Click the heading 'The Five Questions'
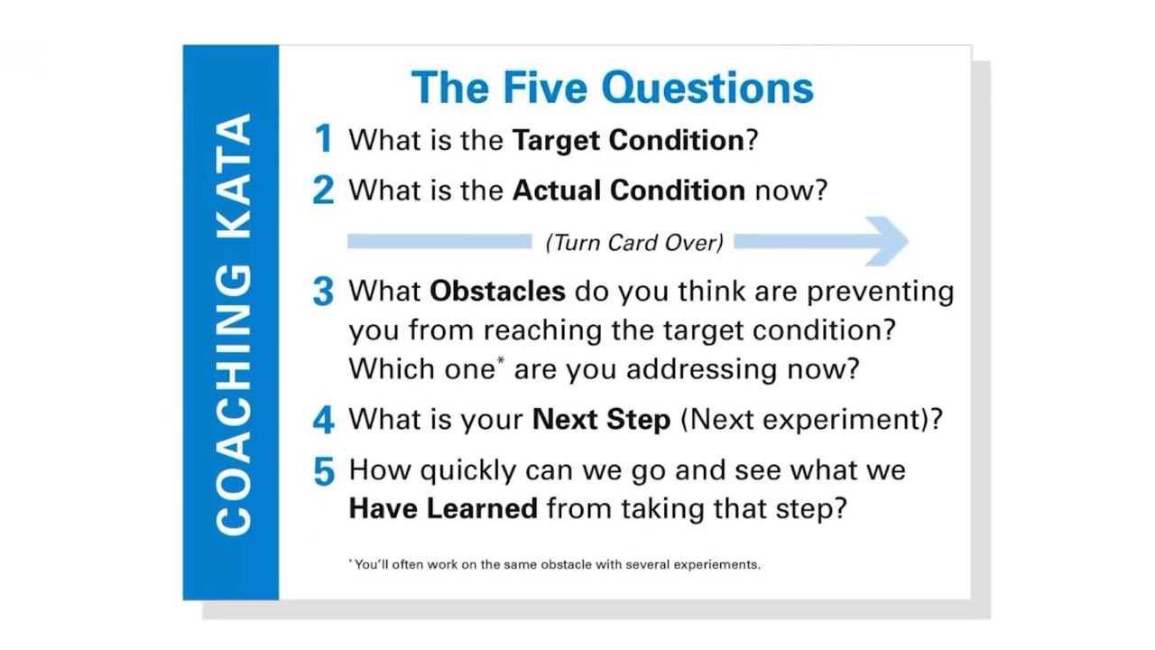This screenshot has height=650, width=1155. tap(612, 88)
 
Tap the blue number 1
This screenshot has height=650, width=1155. tap(323, 139)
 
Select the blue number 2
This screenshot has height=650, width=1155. tap(323, 190)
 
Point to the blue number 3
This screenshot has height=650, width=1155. tap(323, 292)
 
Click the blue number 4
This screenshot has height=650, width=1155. tap(323, 420)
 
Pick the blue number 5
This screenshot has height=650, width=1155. tap(323, 471)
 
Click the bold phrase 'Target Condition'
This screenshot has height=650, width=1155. tap(628, 140)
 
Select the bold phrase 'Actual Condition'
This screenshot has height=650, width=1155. tap(628, 190)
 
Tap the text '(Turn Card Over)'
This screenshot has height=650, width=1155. tap(633, 242)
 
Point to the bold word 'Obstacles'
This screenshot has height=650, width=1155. tap(497, 291)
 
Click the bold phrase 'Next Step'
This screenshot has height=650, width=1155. tap(601, 420)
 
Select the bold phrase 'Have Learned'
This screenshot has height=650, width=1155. tap(443, 508)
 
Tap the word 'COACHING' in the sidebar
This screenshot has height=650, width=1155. tap(234, 397)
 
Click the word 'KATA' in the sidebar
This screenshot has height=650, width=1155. tap(234, 175)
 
